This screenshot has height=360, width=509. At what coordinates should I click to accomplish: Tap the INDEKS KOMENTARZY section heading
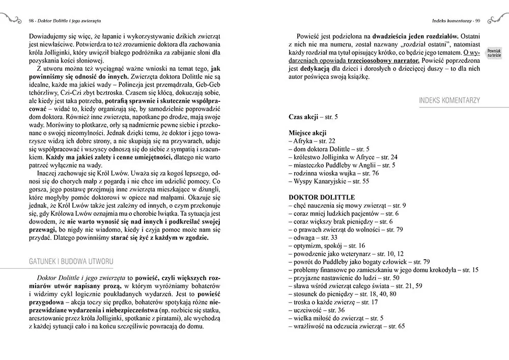pyautogui.click(x=449, y=100)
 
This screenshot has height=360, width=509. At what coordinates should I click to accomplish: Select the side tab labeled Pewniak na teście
pyautogui.click(x=494, y=53)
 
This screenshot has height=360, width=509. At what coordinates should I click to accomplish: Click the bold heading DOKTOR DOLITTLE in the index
pyautogui.click(x=322, y=197)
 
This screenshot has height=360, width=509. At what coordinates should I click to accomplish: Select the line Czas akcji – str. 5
pyautogui.click(x=313, y=117)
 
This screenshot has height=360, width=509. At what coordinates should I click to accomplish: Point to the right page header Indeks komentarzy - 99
pyautogui.click(x=453, y=21)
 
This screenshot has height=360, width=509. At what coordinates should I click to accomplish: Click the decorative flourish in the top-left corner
pyautogui.click(x=11, y=19)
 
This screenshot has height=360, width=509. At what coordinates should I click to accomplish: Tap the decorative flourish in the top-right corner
pyautogui.click(x=497, y=19)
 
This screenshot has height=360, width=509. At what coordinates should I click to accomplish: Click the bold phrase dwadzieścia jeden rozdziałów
pyautogui.click(x=416, y=37)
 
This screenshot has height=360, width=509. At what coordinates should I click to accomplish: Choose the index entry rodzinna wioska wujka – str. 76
pyautogui.click(x=336, y=173)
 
